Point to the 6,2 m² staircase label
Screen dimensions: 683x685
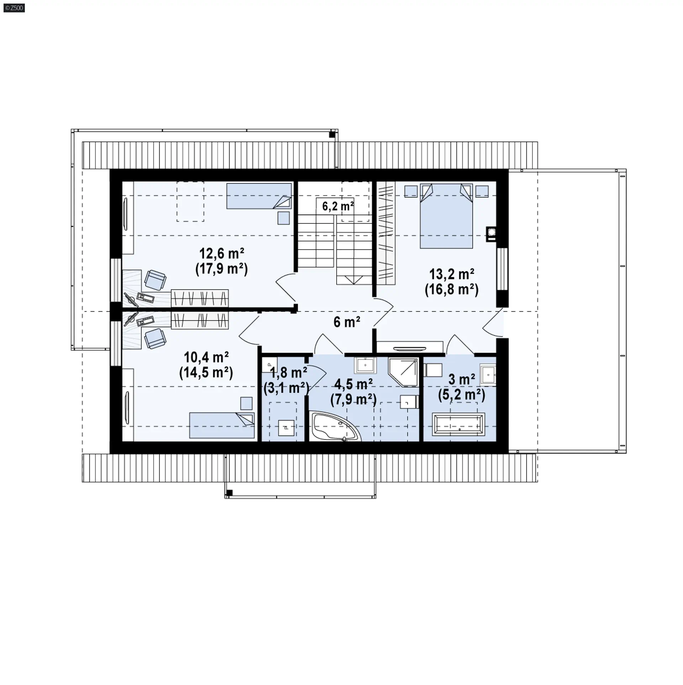pos(338,206)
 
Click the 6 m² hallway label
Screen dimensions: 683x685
pos(347,322)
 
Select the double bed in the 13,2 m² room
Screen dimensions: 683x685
pos(446,216)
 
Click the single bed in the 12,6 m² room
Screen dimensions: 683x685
pos(259,196)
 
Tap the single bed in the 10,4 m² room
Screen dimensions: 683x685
pos(222,425)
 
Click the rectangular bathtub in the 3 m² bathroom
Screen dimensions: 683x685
pos(459,424)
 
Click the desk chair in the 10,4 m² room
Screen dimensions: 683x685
pos(155,338)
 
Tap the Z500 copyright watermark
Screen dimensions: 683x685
pos(14,7)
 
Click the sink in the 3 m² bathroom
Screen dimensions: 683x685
pos(488,375)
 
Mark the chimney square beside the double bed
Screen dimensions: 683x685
pos(492,234)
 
